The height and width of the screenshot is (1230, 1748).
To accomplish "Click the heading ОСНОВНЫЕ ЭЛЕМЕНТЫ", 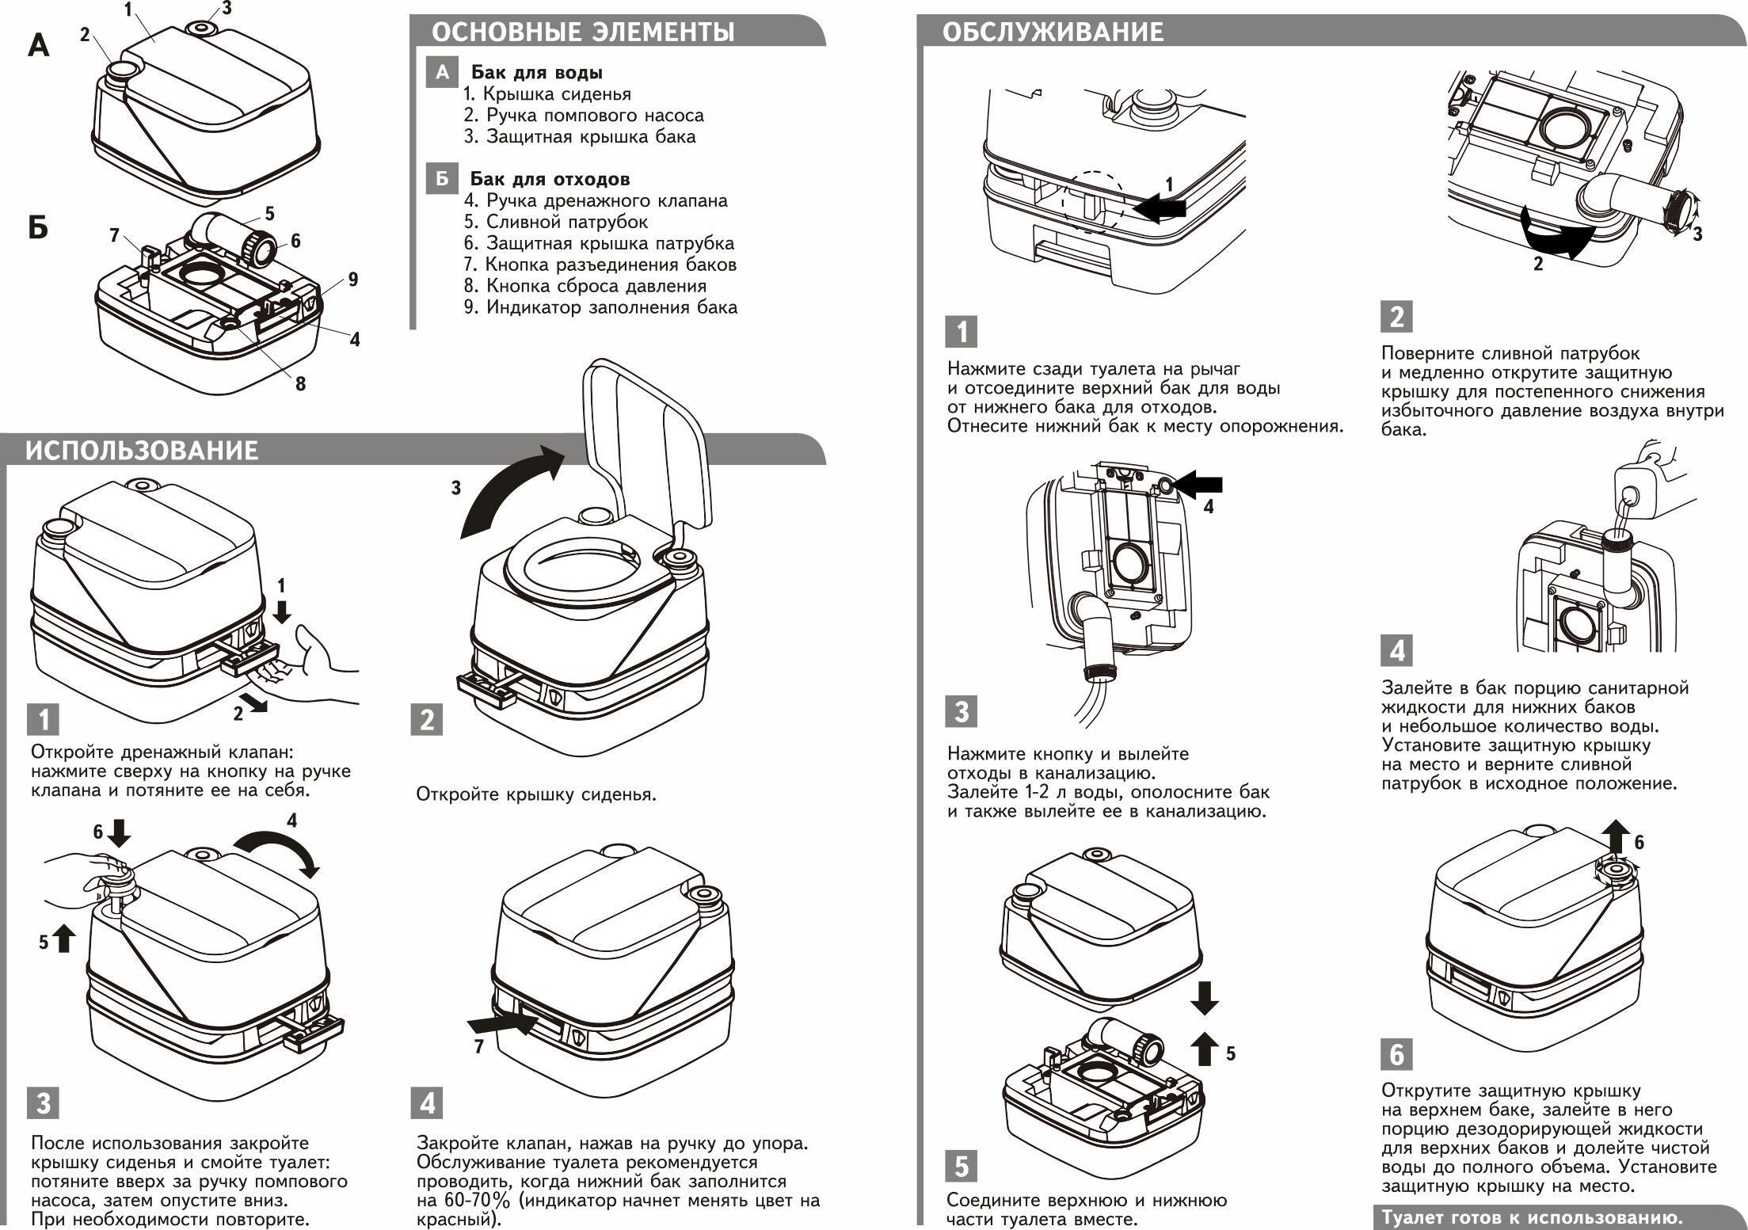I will [x=583, y=32].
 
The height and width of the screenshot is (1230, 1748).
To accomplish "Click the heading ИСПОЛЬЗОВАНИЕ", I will [x=142, y=451].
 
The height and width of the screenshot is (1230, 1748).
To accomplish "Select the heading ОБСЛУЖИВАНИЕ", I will [x=1053, y=32].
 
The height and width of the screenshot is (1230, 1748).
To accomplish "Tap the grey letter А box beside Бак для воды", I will [x=442, y=72].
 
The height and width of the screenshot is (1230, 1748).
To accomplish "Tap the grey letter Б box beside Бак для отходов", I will [x=442, y=179].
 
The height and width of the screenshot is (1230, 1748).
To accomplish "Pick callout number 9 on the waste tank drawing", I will [x=353, y=279].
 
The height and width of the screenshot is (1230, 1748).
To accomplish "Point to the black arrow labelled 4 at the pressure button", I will [x=1199, y=485].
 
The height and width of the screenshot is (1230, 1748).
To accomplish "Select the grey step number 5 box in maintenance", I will [x=962, y=1167].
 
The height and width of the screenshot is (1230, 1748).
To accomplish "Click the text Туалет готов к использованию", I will [x=1533, y=1217].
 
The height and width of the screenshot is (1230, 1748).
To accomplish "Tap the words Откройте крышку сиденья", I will [x=536, y=794].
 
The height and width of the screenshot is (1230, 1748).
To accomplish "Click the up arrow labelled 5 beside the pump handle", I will [x=63, y=940].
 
